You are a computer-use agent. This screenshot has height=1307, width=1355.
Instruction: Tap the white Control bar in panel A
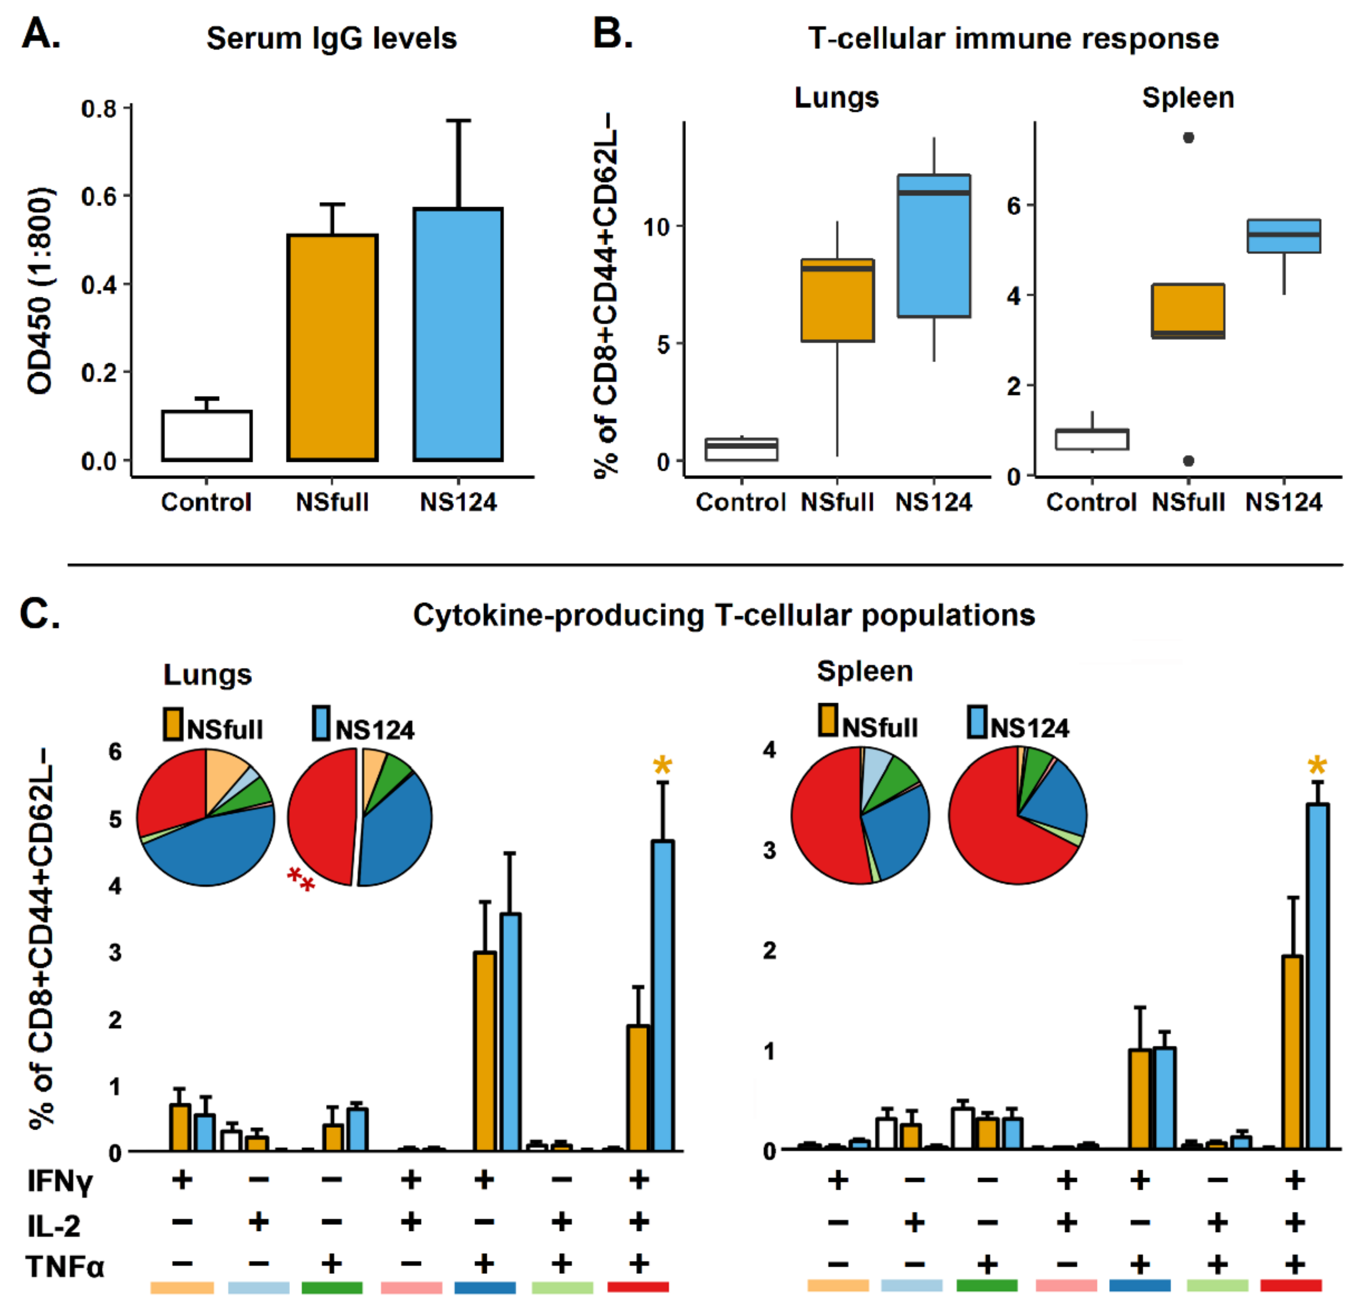(207, 435)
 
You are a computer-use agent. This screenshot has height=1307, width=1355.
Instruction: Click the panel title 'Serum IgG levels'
(331, 39)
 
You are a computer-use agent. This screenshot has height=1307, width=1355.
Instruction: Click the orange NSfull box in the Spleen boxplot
(1188, 311)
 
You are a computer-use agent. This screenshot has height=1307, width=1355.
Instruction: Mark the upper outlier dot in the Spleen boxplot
(1188, 138)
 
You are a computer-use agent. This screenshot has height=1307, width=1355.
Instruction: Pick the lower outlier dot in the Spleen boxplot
(1188, 460)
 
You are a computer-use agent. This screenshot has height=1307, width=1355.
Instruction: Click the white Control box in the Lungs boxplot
(741, 449)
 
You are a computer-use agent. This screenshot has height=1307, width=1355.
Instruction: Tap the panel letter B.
(612, 34)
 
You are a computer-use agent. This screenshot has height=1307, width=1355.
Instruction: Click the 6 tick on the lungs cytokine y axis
(115, 751)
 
